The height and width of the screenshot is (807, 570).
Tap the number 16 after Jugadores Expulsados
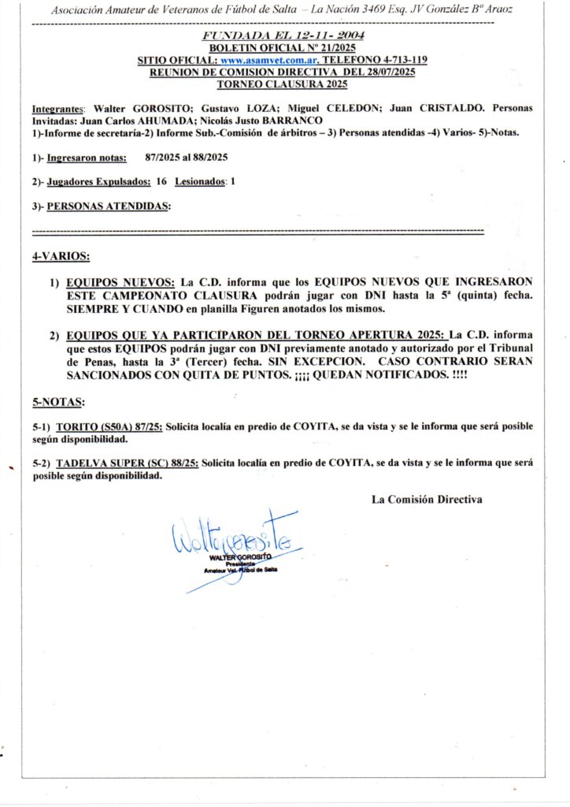161,181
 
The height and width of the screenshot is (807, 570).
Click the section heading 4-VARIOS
61,257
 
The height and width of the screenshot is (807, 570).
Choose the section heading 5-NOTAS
58,402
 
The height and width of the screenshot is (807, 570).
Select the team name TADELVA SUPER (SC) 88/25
126,464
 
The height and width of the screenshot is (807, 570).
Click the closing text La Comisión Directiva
427,499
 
